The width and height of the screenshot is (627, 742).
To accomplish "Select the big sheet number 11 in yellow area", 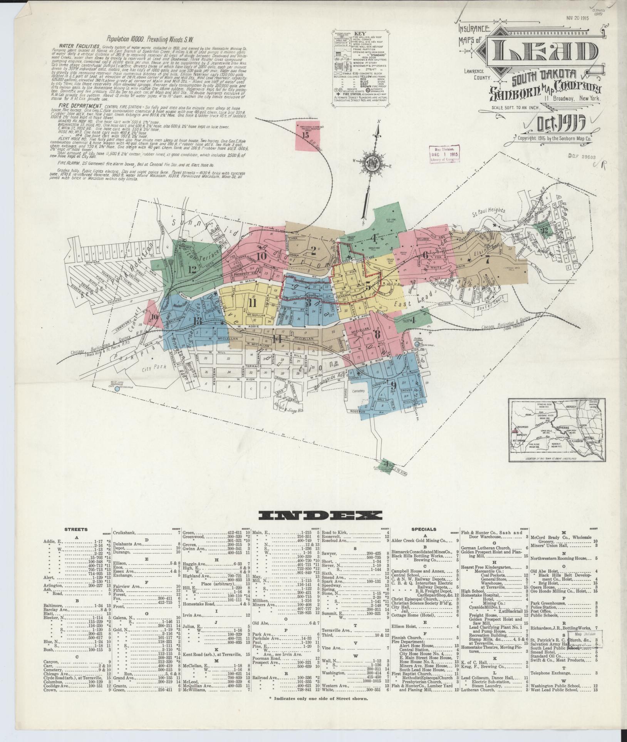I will [x=252, y=303].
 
